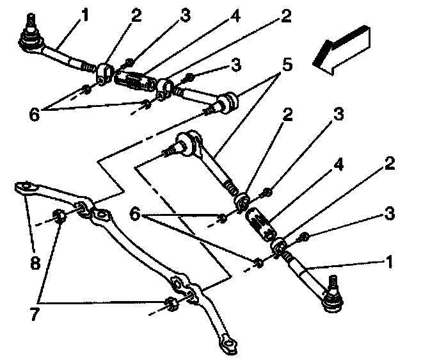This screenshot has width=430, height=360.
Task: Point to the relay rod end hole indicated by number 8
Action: click(23, 188)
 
